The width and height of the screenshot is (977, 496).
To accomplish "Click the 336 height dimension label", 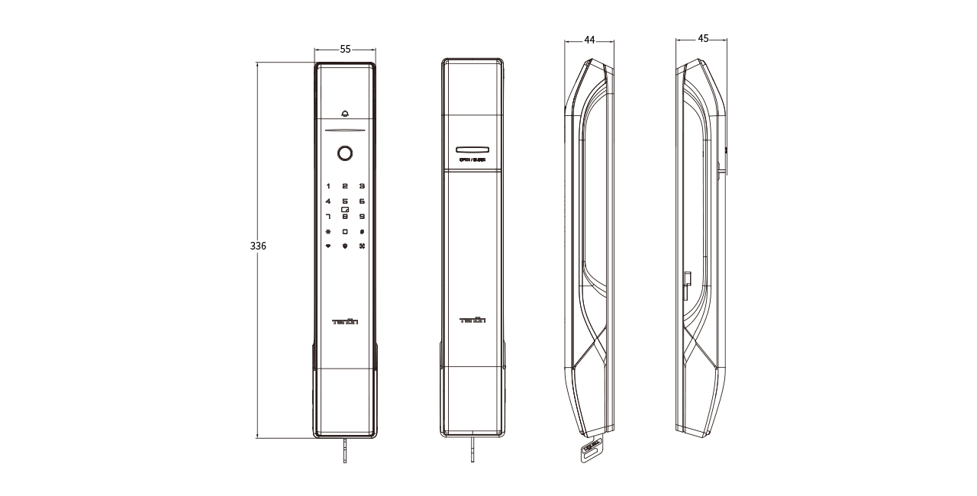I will tap(258, 246).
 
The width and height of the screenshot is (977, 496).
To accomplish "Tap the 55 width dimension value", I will tap(345, 49).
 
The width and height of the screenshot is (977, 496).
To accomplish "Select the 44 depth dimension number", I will tap(589, 40).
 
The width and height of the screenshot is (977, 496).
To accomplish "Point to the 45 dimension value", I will tap(703, 38).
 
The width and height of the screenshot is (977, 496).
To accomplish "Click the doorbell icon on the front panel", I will tap(345, 114).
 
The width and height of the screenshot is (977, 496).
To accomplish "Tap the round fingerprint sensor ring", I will tap(345, 153).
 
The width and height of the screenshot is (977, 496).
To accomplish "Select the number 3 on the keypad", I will tap(362, 185).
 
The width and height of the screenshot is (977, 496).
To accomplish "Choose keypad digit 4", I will tap(328, 201).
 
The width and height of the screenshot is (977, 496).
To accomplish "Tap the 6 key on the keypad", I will tap(362, 201).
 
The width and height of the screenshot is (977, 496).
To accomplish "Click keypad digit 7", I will tap(328, 217).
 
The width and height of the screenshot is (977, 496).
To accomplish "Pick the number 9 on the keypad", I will tap(362, 217).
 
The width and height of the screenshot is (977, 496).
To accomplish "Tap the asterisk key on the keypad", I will tap(328, 231).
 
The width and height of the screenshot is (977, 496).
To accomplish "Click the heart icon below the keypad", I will tap(328, 246).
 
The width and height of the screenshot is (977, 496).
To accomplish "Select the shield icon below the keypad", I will tap(345, 246).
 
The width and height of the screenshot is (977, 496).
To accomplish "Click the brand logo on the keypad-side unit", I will tap(345, 321).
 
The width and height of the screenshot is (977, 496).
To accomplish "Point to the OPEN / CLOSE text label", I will tap(472, 160).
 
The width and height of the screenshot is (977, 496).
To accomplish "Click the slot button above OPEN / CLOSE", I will tap(472, 150).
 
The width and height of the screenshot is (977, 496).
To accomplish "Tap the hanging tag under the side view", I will tap(588, 449).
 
